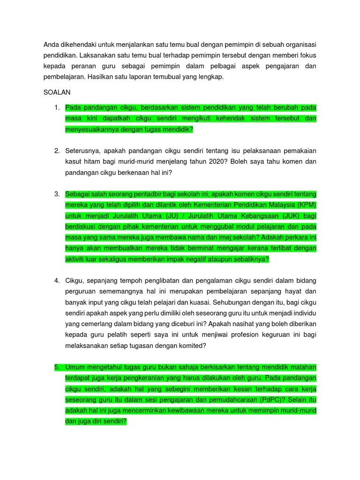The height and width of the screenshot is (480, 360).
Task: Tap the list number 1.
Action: pyautogui.click(x=57, y=108)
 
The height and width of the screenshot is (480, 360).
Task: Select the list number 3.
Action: pyautogui.click(x=57, y=194)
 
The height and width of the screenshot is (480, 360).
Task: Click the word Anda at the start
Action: pyautogui.click(x=51, y=45)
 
